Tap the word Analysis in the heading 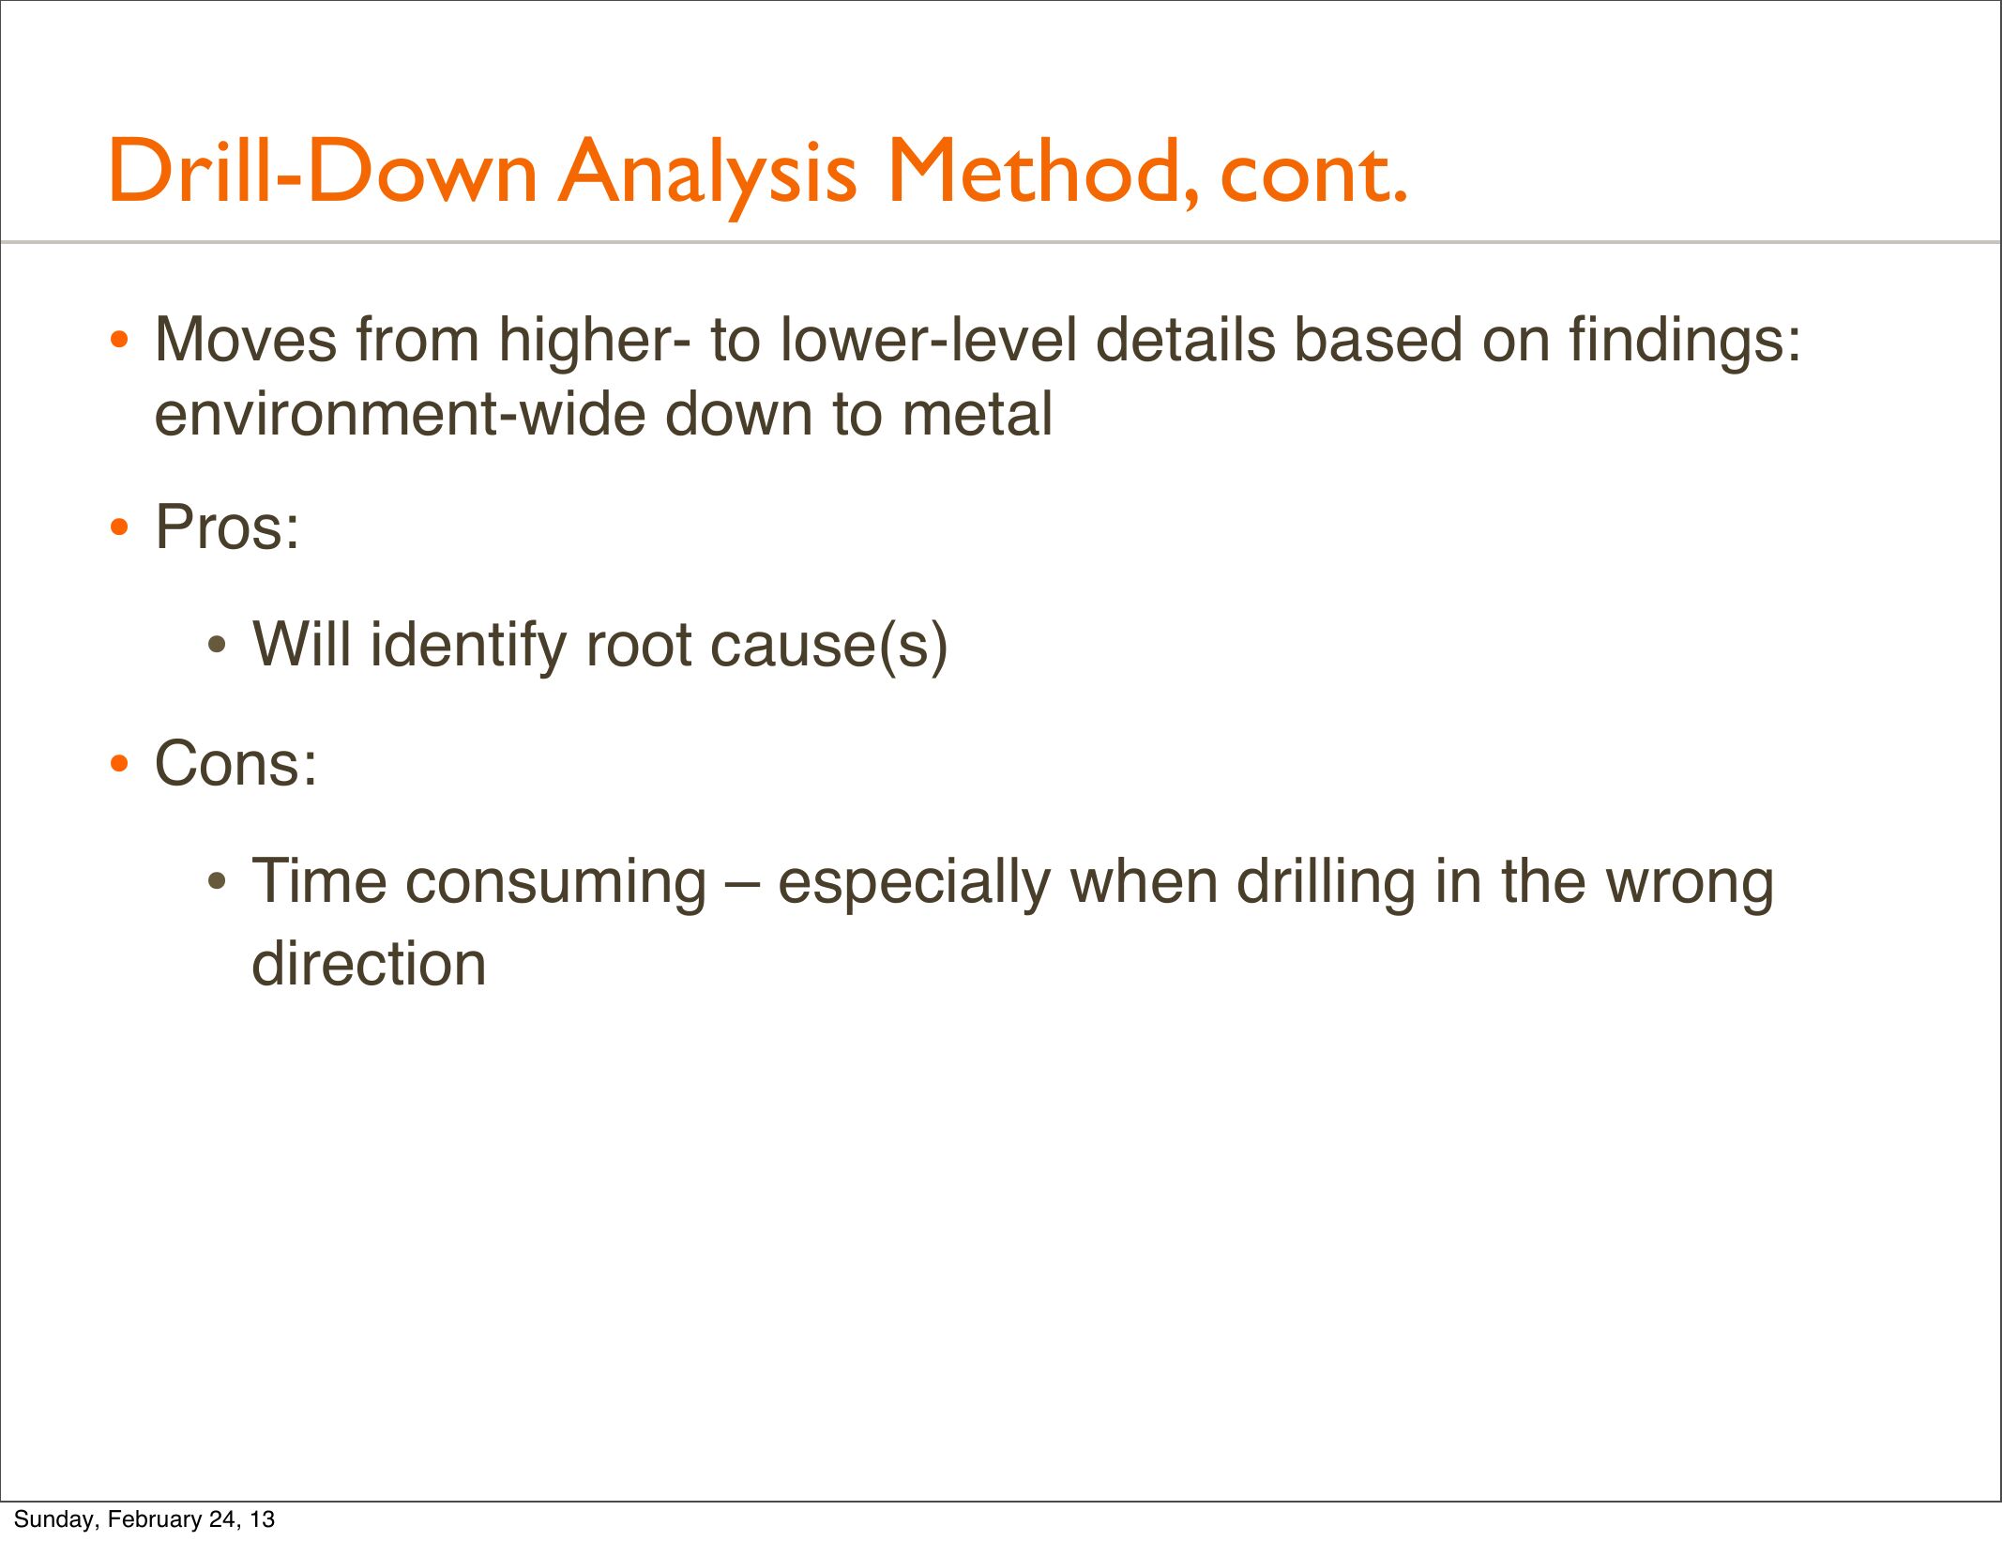708,175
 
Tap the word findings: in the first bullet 1686,343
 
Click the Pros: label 227,527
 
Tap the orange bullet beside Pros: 118,527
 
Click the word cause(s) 829,648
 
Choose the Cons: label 235,764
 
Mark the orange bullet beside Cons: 118,764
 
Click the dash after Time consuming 742,884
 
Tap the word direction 369,963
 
